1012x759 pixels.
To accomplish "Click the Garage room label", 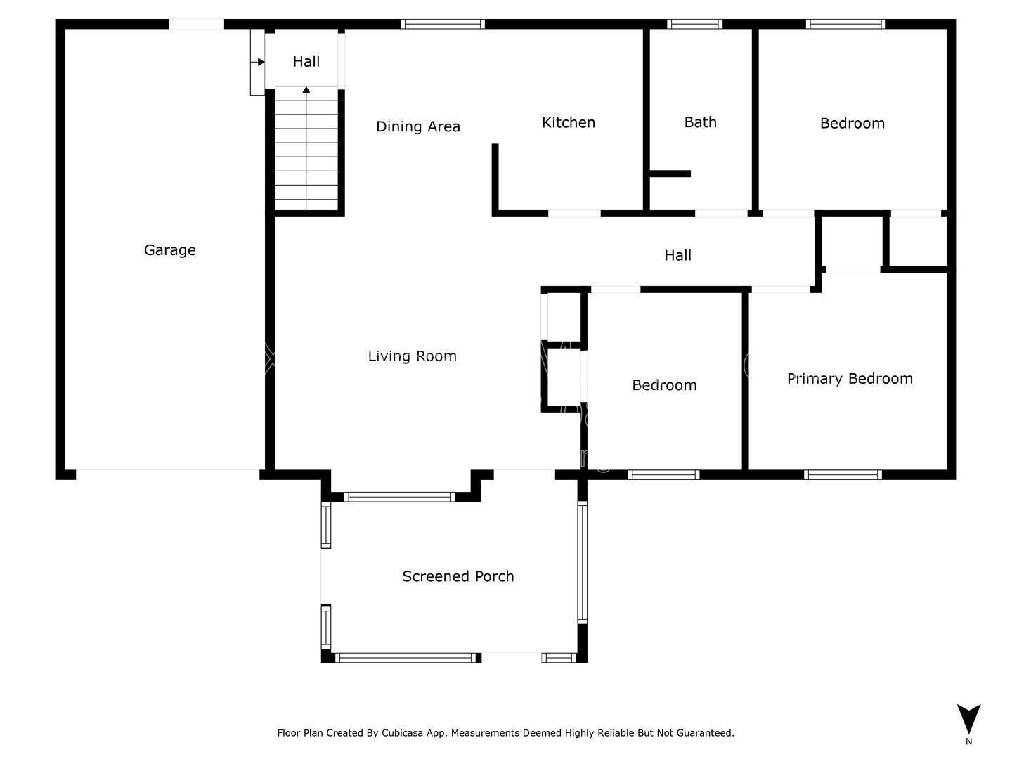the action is pos(169,250).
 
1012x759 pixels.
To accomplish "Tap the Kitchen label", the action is pos(569,122).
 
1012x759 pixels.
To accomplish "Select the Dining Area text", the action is pos(418,126).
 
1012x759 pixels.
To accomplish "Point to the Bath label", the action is pos(701,122).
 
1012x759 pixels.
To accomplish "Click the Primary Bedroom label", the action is pos(850,379).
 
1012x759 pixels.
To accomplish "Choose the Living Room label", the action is pos(412,356).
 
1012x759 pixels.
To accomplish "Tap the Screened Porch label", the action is pos(458,576).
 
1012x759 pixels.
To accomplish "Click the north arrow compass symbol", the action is pos(968,718).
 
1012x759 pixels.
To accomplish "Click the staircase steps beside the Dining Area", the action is pos(306,149).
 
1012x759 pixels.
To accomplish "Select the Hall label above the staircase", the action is pos(306,61).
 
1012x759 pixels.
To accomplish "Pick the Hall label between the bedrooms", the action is pos(677,255).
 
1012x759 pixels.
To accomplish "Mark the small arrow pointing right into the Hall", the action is pos(258,62).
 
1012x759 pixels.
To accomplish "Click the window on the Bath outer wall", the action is pos(694,24).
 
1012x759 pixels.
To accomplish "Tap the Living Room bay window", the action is pos(400,497).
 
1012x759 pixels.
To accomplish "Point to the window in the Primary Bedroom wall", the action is pos(843,474).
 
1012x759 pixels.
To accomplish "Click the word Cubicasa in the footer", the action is pos(402,733).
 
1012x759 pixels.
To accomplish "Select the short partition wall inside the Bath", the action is pos(670,174).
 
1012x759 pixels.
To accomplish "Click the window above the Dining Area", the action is pos(443,24).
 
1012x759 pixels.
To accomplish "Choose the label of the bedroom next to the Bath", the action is pos(852,124).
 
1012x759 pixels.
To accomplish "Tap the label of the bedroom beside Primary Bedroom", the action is pos(664,385).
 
